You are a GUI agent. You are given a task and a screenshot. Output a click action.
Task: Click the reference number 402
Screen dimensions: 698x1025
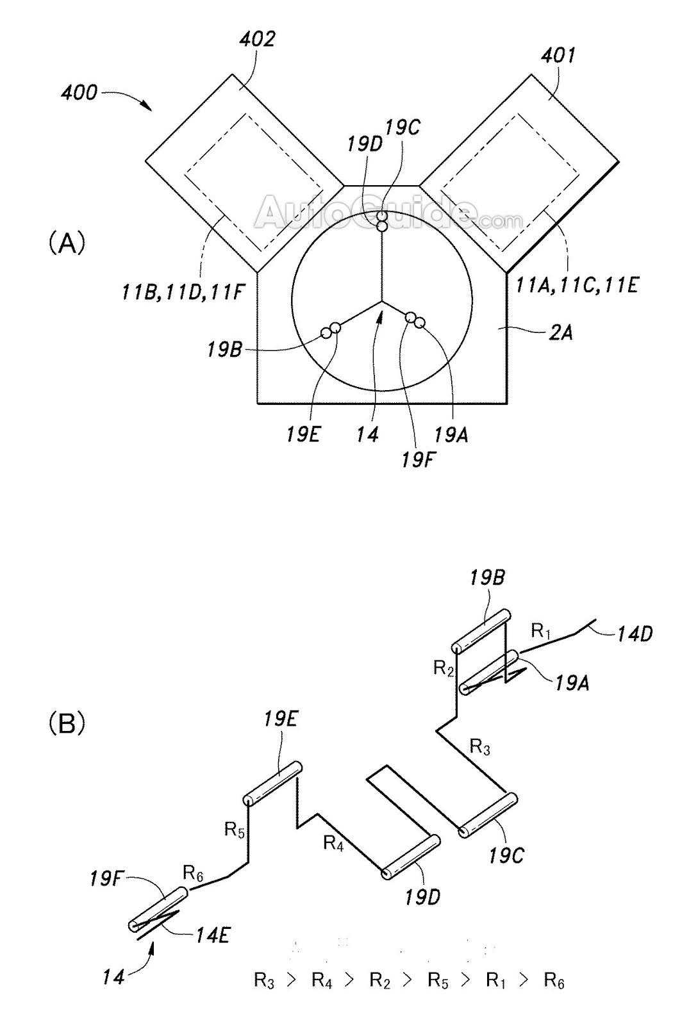[257, 39]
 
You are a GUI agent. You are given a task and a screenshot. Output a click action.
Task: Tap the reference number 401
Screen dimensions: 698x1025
[558, 56]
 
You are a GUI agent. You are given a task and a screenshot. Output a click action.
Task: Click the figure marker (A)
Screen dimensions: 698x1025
[67, 243]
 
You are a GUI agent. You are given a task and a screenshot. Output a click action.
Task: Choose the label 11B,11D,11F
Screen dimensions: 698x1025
[181, 292]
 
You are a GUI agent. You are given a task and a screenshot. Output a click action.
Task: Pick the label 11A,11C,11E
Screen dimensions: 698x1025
[577, 286]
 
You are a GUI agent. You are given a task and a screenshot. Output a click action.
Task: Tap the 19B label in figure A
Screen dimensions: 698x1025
[224, 350]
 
